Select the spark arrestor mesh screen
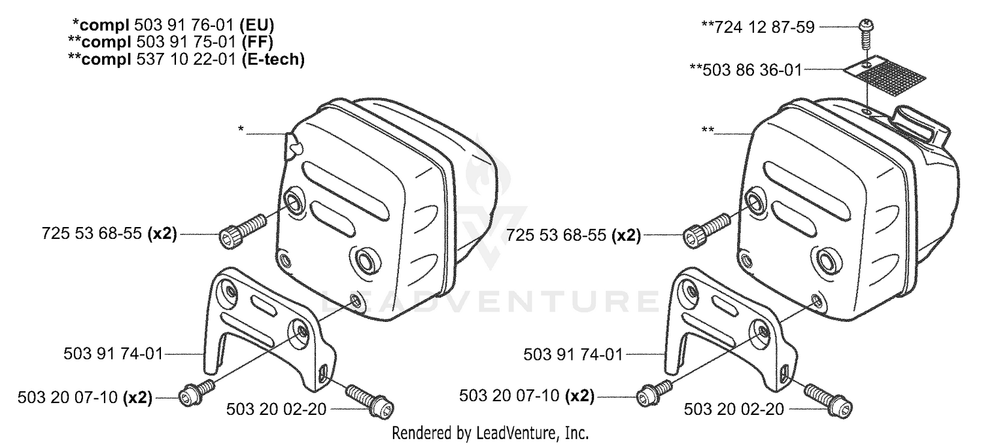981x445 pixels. pyautogui.click(x=886, y=79)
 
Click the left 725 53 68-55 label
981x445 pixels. pyautogui.click(x=109, y=233)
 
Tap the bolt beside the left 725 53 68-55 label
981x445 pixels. pyautogui.click(x=243, y=231)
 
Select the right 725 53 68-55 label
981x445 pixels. pyautogui.click(x=574, y=236)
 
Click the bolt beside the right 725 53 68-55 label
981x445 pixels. pyautogui.click(x=707, y=230)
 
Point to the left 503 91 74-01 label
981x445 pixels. pyautogui.click(x=113, y=353)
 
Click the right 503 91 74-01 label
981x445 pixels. pyautogui.click(x=573, y=354)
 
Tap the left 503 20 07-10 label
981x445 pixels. pyautogui.click(x=85, y=398)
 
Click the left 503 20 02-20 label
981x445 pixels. pyautogui.click(x=277, y=410)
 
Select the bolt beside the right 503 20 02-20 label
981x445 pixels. pyautogui.click(x=829, y=400)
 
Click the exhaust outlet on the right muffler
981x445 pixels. pyautogui.click(x=922, y=127)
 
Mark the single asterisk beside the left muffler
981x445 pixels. pyautogui.click(x=241, y=129)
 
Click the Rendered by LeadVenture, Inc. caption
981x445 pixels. pyautogui.click(x=490, y=433)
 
